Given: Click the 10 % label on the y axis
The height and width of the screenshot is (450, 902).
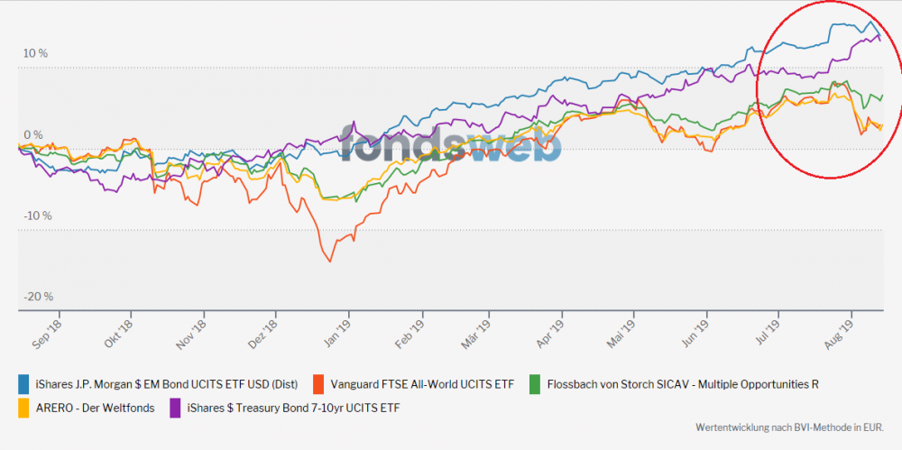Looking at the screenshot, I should [x=36, y=53].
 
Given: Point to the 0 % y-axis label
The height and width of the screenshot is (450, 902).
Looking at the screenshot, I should [x=33, y=134].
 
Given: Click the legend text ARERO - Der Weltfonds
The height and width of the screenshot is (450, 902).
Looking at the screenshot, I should [x=97, y=409].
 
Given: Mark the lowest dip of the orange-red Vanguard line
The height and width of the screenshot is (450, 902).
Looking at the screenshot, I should [x=329, y=262].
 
